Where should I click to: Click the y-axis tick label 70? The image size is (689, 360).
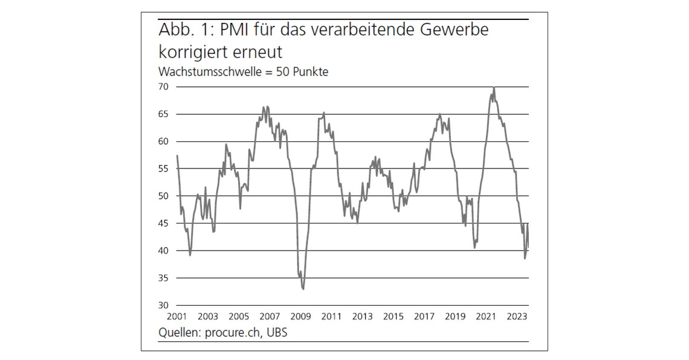[x=164, y=87]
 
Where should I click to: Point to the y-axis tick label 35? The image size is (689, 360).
[x=164, y=278]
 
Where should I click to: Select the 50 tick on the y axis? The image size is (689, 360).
[x=164, y=196]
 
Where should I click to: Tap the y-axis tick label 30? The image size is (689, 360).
[x=164, y=305]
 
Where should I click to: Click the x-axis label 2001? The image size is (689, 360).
[x=176, y=316]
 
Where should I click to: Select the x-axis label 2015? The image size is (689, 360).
[x=393, y=316]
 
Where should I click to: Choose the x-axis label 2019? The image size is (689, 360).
[x=456, y=316]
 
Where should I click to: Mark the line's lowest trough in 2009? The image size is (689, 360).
[x=303, y=289]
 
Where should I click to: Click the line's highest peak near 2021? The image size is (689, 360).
[x=494, y=88]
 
